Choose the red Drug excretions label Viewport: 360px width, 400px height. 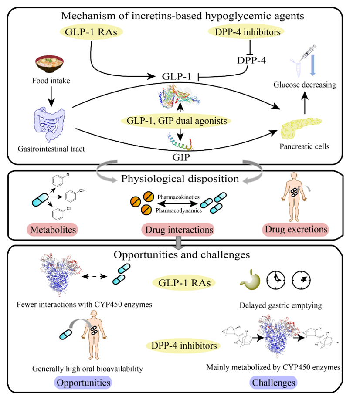pyautogui.click(x=295, y=229)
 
